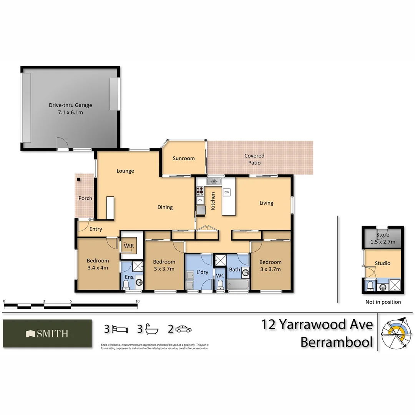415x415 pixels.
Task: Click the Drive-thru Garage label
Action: tap(70, 105)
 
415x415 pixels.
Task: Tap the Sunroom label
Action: tap(184, 158)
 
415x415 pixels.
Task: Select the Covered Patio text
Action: tap(254, 159)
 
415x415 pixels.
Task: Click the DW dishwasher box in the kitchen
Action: tap(227, 192)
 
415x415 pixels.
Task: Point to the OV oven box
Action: tap(200, 200)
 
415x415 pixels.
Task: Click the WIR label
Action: tap(128, 246)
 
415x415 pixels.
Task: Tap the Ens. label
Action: tap(129, 277)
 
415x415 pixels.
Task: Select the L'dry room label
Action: tap(202, 272)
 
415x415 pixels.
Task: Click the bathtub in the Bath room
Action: tap(238, 285)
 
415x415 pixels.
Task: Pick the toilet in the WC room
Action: tap(220, 285)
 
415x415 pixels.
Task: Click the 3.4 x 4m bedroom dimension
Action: tap(98, 268)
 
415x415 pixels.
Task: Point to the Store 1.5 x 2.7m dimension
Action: tap(383, 242)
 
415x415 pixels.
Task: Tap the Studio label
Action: tap(383, 263)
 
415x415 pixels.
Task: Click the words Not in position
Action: tap(383, 302)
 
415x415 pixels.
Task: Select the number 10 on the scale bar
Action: tap(138, 301)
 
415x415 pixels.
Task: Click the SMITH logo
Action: tap(47, 334)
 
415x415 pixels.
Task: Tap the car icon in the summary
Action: tap(184, 329)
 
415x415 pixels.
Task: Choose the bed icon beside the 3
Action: tap(120, 329)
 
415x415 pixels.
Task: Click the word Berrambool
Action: tap(337, 342)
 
